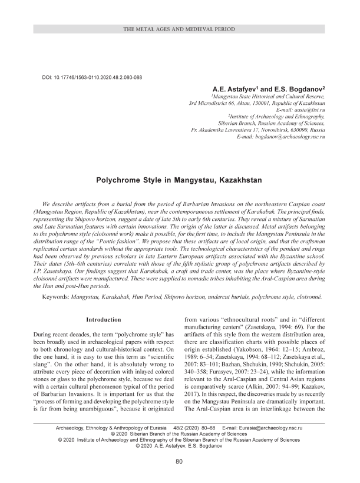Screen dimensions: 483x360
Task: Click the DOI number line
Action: coord(93,77)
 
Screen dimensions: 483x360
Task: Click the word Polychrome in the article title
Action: coord(121,176)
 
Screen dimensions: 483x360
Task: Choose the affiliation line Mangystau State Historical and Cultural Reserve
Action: coord(266,95)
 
